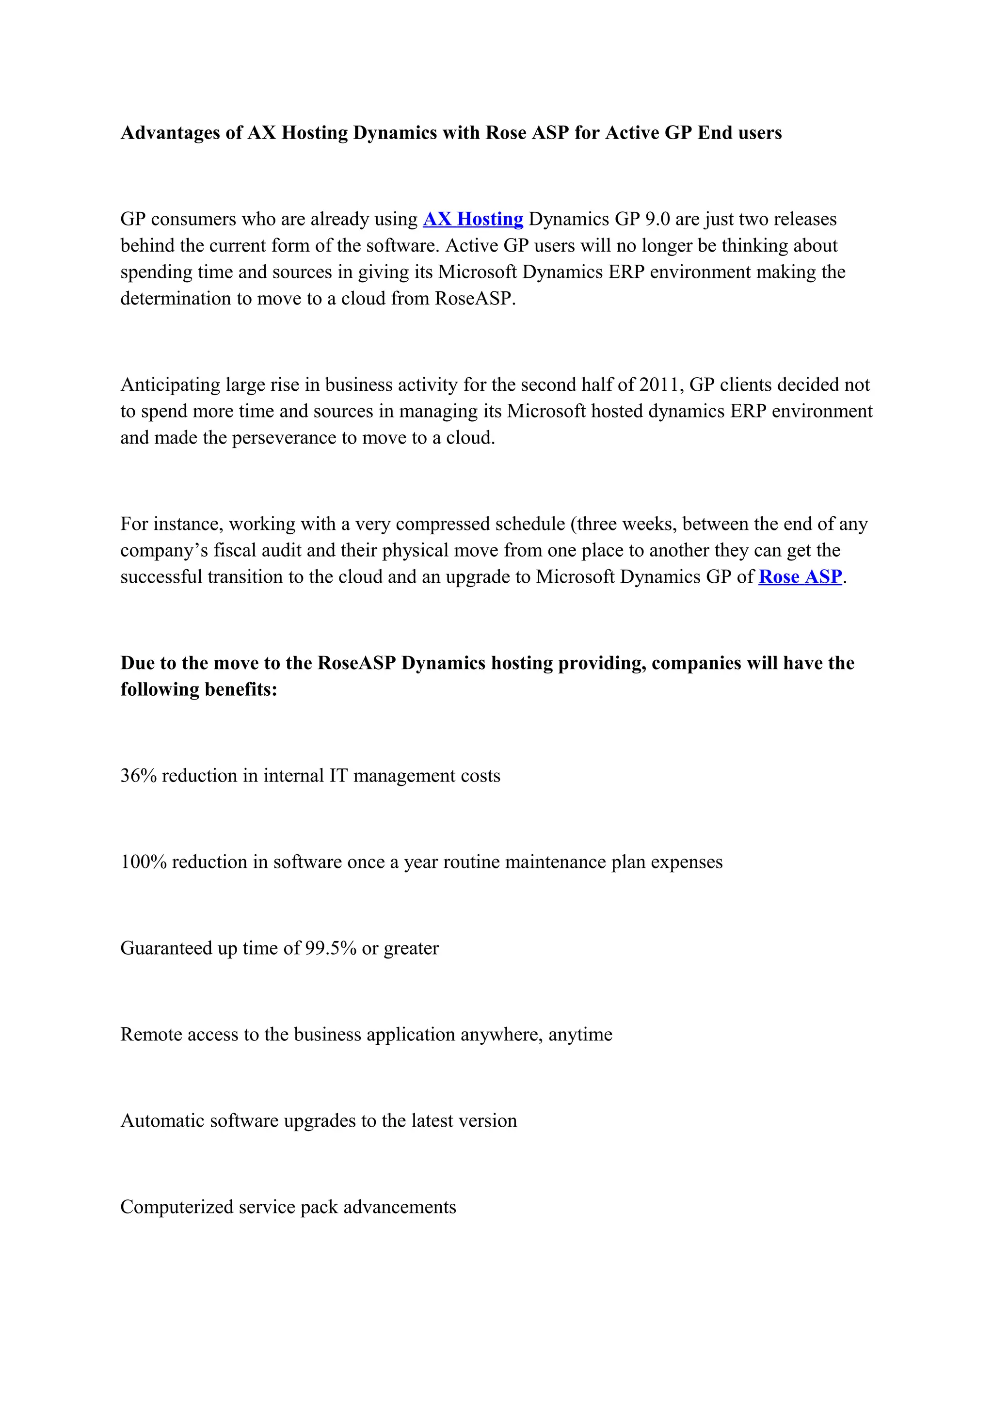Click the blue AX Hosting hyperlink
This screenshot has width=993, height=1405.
[x=472, y=219]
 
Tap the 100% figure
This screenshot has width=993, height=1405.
[x=143, y=862]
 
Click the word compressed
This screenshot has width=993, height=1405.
[x=442, y=525]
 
